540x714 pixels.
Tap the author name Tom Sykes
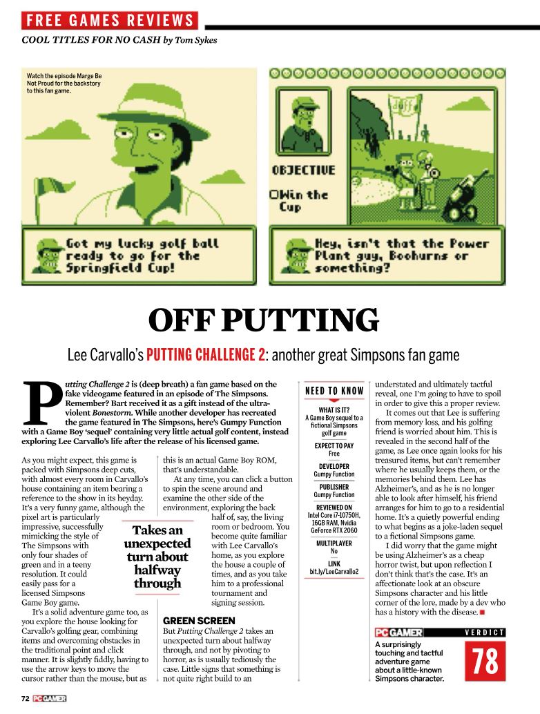coord(195,40)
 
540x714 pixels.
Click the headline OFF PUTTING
coord(264,320)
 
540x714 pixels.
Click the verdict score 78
coord(485,662)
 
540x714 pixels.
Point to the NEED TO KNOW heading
coord(334,392)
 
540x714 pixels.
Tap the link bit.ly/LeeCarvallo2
coord(334,571)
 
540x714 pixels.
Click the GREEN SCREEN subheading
coord(199,621)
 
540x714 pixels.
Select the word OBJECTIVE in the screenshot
coord(303,170)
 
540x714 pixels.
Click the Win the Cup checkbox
coord(274,195)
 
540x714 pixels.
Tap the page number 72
coord(25,698)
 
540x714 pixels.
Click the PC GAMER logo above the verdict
coord(398,632)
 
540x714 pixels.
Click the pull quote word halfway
coord(157,570)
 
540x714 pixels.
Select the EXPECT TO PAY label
coord(334,446)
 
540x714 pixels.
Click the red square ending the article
coord(483,612)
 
